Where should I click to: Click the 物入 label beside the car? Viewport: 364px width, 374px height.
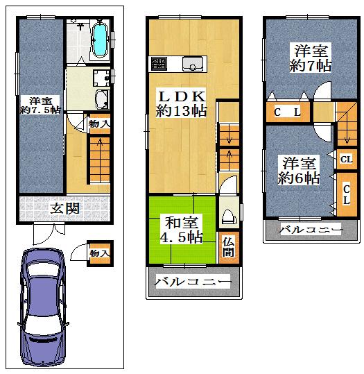coord(100,253)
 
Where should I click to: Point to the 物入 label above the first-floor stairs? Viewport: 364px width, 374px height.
coord(99,124)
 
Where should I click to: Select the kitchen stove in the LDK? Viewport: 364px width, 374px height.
coord(159,64)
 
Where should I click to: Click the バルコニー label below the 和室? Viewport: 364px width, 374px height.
coord(192,282)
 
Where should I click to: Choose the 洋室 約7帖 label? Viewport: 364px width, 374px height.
coord(310,58)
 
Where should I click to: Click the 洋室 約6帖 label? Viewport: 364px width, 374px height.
coord(299,171)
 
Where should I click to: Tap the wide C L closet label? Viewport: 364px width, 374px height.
coord(286,112)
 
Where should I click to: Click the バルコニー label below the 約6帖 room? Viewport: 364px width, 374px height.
coord(311,229)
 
